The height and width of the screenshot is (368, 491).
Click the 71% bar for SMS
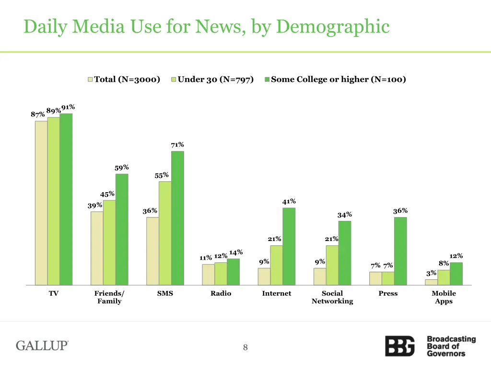click(177, 218)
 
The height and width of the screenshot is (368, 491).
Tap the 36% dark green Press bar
click(400, 251)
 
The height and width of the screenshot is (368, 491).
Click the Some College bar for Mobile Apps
click(456, 274)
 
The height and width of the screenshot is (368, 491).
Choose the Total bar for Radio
click(208, 275)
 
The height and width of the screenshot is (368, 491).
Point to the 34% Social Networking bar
click(344, 253)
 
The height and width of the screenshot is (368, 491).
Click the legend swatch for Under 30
click(174, 80)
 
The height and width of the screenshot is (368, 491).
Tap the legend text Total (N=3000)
click(127, 80)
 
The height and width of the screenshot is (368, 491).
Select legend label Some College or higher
click(338, 80)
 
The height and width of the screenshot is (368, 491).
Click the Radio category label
click(221, 293)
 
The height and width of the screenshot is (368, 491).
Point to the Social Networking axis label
click(332, 297)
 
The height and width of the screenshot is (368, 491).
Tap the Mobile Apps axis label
click(444, 297)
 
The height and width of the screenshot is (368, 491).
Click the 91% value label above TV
click(68, 107)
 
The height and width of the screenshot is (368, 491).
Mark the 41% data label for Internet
click(289, 202)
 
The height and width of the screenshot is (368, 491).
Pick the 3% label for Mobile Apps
click(431, 273)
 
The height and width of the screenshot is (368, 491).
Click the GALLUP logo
click(42, 345)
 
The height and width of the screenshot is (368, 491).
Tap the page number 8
click(245, 348)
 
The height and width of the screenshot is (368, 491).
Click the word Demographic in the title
click(333, 26)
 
